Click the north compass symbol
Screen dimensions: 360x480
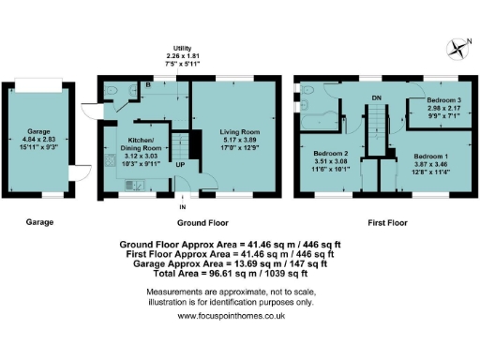(457, 43)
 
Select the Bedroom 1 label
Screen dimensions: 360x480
(431, 157)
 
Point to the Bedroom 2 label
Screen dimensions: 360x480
(331, 152)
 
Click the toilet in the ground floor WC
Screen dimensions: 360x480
(112, 89)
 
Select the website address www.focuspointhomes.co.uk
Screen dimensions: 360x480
(240, 316)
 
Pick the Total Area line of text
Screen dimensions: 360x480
(240, 274)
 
